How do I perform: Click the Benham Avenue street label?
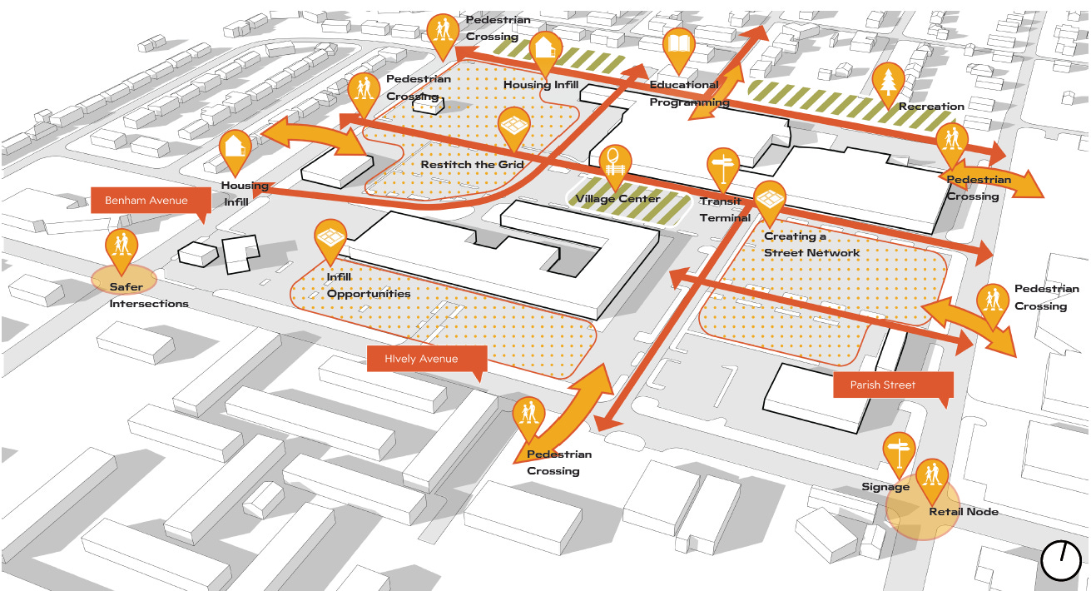coord(146,201)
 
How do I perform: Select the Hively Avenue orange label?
coord(421,359)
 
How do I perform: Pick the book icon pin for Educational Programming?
coord(679,47)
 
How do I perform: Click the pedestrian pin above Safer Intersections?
coord(122,248)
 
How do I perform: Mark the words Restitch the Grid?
coord(472,164)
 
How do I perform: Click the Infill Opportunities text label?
coord(368,286)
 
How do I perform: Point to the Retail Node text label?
coord(963,511)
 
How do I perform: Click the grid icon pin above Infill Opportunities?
coord(330,238)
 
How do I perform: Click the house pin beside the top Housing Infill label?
coord(546,48)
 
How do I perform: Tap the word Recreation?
coord(931,107)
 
